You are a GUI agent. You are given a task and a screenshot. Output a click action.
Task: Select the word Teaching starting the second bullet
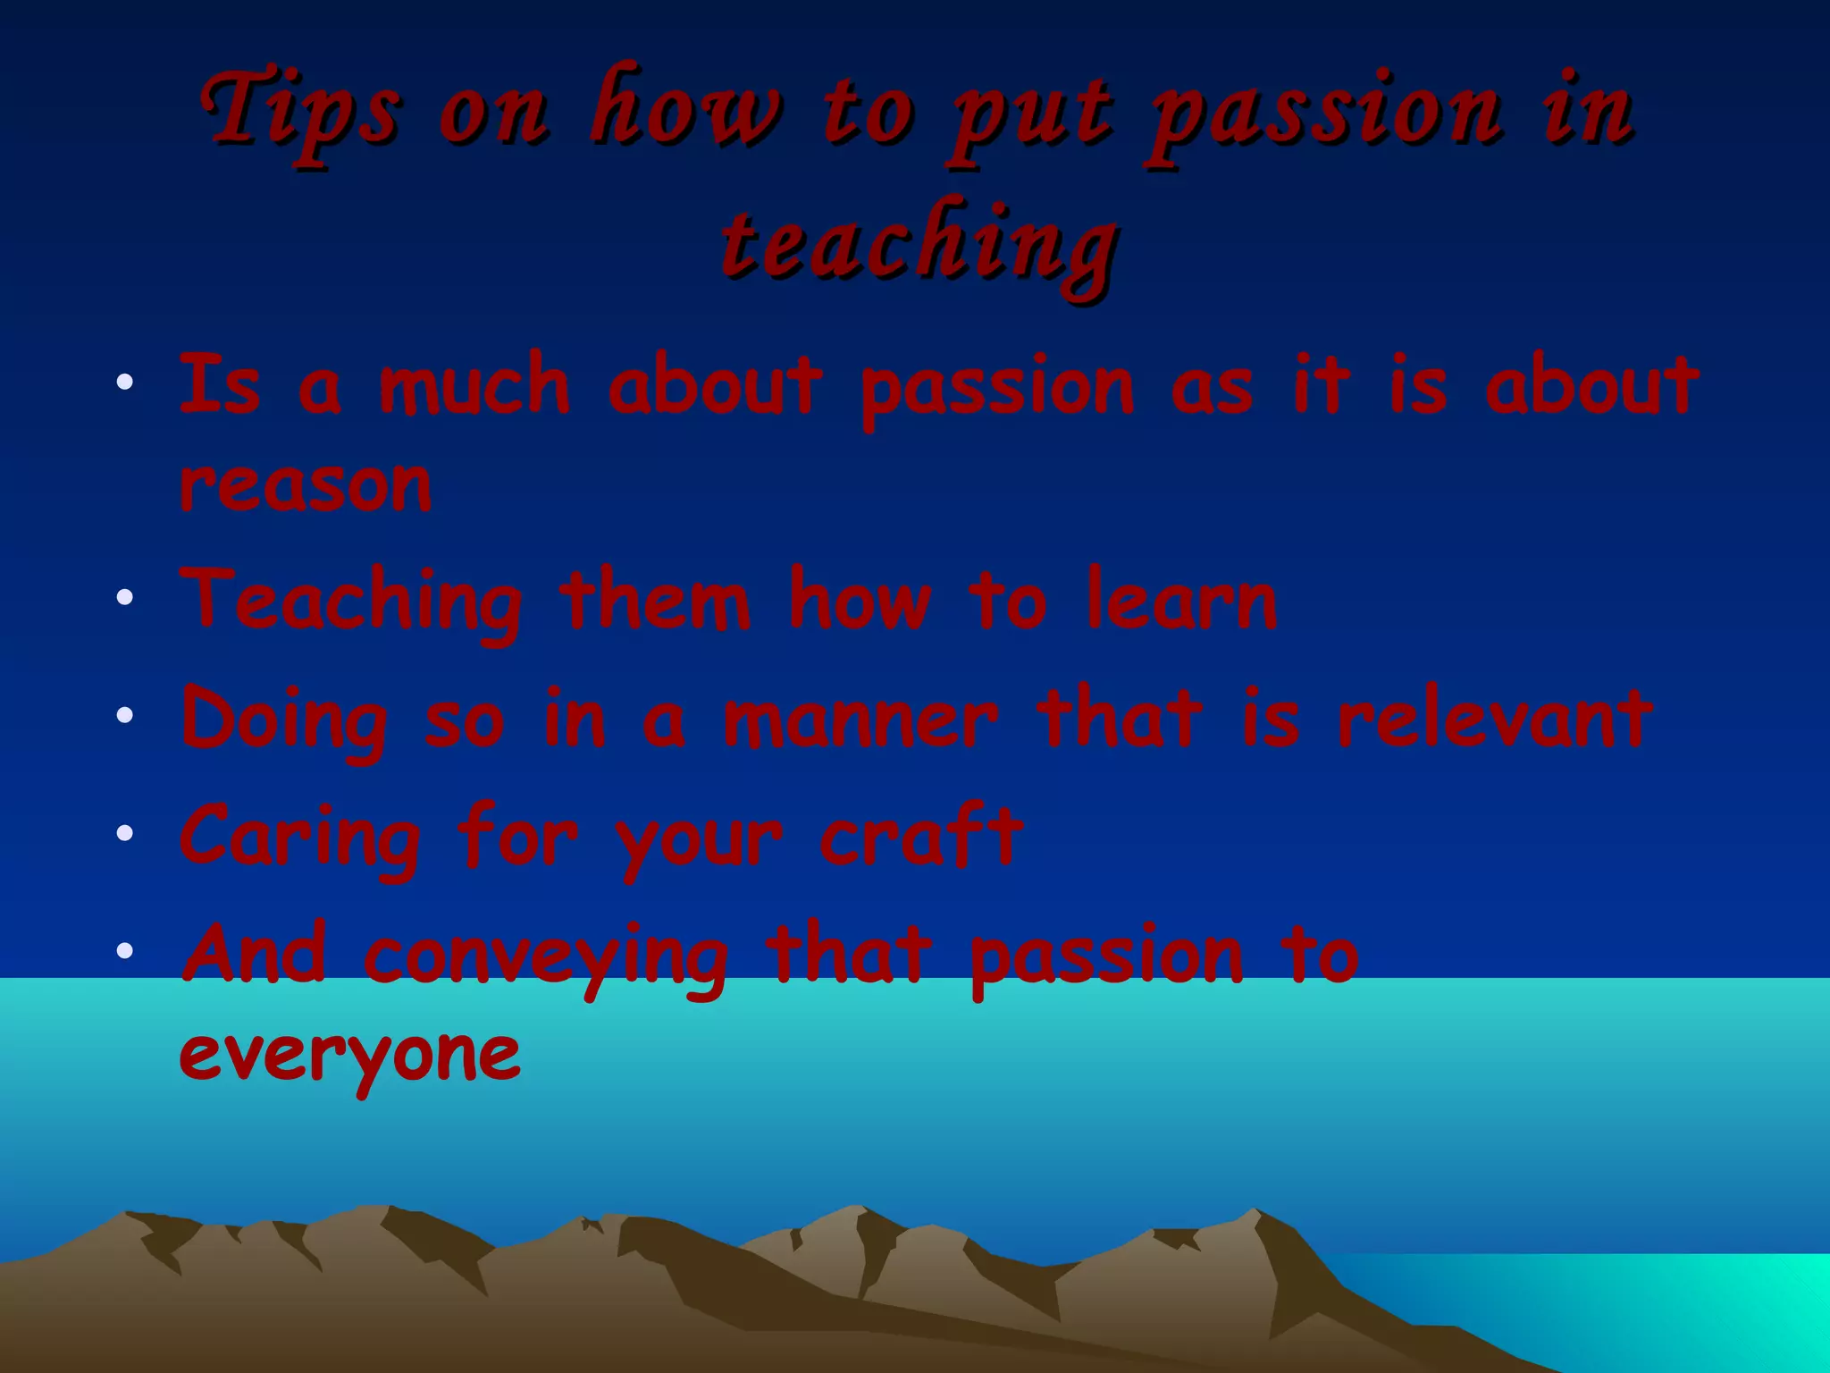coord(351,601)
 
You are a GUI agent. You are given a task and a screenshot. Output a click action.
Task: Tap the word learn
coord(1181,601)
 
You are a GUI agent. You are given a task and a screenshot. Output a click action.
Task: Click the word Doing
coord(284,720)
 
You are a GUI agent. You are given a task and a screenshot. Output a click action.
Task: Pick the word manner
coord(860,720)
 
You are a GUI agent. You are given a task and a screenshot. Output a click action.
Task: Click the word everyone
coord(349,1055)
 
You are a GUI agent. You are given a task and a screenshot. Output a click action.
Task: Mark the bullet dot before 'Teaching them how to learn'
coord(124,596)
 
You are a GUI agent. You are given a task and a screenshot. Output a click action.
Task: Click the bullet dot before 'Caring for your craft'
coord(124,833)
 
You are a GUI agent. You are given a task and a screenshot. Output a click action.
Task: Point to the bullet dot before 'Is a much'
coord(124,383)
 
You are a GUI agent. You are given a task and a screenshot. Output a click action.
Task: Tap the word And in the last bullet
coord(254,953)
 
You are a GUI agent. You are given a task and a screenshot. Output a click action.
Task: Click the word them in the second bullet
coord(655,601)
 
